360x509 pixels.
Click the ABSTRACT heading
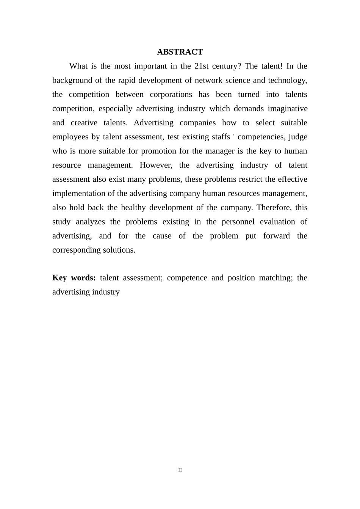180,52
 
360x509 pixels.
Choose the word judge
298,137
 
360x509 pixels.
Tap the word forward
276,236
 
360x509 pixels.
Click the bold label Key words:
74,278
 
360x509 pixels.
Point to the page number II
180,470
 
